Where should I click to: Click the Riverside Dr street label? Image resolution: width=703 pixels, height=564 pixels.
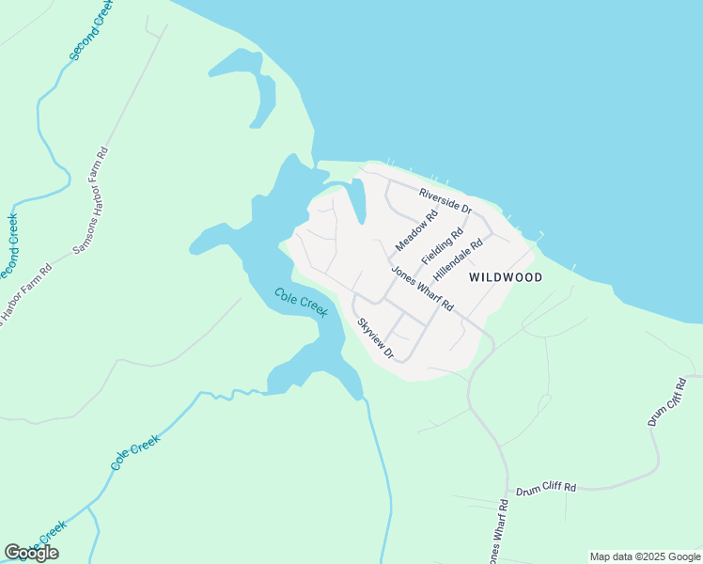pyautogui.click(x=445, y=200)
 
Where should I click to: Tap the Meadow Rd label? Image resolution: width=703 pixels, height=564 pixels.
pyautogui.click(x=416, y=230)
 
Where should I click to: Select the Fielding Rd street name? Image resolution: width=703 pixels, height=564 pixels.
pyautogui.click(x=442, y=245)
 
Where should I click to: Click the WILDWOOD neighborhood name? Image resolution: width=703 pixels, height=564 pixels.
pyautogui.click(x=506, y=277)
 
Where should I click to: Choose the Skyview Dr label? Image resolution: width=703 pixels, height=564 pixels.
pyautogui.click(x=374, y=338)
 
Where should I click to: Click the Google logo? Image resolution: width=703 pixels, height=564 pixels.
pyautogui.click(x=31, y=553)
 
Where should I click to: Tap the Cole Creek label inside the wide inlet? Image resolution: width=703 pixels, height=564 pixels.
pyautogui.click(x=301, y=303)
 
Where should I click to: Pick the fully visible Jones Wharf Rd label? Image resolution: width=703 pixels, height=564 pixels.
pyautogui.click(x=422, y=290)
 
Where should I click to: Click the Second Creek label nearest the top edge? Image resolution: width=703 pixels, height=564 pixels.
pyautogui.click(x=90, y=31)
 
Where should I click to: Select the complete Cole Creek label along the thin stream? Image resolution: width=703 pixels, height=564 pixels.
pyautogui.click(x=135, y=452)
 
